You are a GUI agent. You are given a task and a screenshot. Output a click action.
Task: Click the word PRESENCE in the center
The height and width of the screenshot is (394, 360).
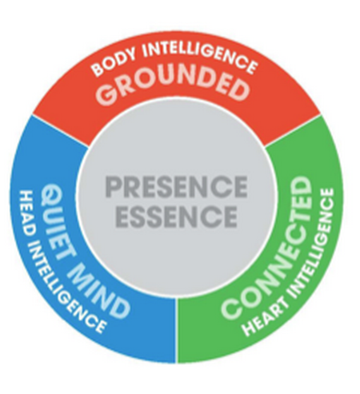click(x=176, y=187)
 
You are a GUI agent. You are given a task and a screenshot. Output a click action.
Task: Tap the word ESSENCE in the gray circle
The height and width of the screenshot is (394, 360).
click(x=176, y=217)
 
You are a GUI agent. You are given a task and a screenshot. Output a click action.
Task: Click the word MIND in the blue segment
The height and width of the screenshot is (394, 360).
click(x=98, y=289)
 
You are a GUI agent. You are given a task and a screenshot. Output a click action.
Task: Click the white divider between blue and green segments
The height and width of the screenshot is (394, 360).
click(x=176, y=331)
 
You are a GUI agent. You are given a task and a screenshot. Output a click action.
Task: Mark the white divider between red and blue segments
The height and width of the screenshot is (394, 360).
click(x=61, y=131)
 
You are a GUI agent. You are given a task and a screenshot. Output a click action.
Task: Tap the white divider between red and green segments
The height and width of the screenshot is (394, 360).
click(x=293, y=131)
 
